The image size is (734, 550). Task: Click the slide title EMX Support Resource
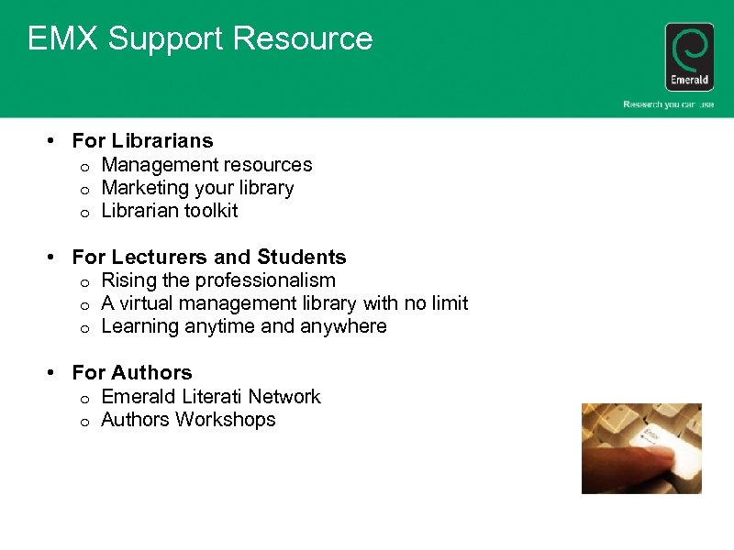(200, 39)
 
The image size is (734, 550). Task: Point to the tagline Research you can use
(668, 104)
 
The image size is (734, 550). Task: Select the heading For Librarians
(142, 141)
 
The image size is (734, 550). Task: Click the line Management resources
(206, 165)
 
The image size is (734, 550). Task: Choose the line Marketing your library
(197, 188)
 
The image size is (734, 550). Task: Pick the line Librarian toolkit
(170, 211)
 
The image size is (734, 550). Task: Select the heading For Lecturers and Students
(209, 258)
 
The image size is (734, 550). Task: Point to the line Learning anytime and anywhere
(244, 326)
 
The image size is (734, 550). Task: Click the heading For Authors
(132, 373)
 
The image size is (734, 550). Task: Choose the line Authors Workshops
(188, 420)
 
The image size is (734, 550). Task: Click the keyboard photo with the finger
(641, 448)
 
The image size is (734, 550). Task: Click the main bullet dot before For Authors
(53, 373)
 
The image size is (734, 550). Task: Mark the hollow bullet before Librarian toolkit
(83, 213)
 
